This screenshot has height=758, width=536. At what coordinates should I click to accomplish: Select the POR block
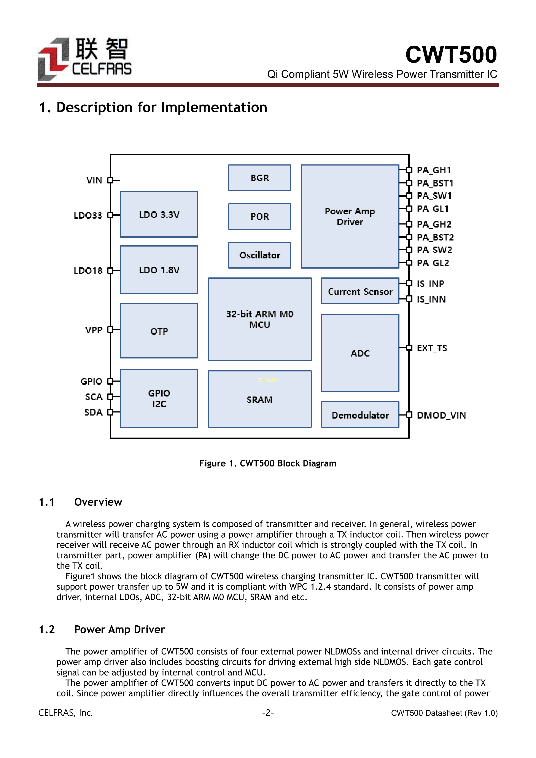point(259,217)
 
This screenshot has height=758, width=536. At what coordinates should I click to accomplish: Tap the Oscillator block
point(259,255)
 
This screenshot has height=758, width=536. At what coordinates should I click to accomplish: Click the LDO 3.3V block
point(159,215)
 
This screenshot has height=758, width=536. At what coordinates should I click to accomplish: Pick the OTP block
point(159,331)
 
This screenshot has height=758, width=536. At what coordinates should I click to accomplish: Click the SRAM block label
point(259,400)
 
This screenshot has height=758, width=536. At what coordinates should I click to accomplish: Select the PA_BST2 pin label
point(435,237)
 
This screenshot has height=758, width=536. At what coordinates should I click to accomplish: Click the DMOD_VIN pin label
point(441,415)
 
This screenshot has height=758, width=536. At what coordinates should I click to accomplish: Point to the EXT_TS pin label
point(432,348)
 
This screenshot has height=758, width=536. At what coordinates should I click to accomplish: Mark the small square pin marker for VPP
point(110,330)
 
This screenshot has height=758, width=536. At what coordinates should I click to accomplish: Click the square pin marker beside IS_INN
point(409,299)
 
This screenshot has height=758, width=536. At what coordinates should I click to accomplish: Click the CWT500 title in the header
point(451,54)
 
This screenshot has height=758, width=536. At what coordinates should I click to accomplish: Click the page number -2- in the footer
point(268,713)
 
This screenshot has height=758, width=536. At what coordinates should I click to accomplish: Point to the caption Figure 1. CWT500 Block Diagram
point(268,463)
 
